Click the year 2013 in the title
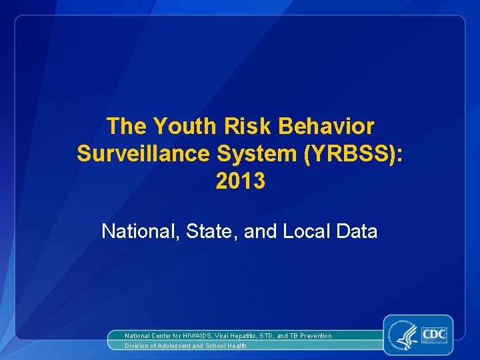pos(240,181)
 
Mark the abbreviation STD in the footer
pos(269,336)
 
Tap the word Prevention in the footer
pos(315,336)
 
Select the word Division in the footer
pos(136,346)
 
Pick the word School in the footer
pos(217,346)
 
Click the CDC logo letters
pos(433,333)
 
